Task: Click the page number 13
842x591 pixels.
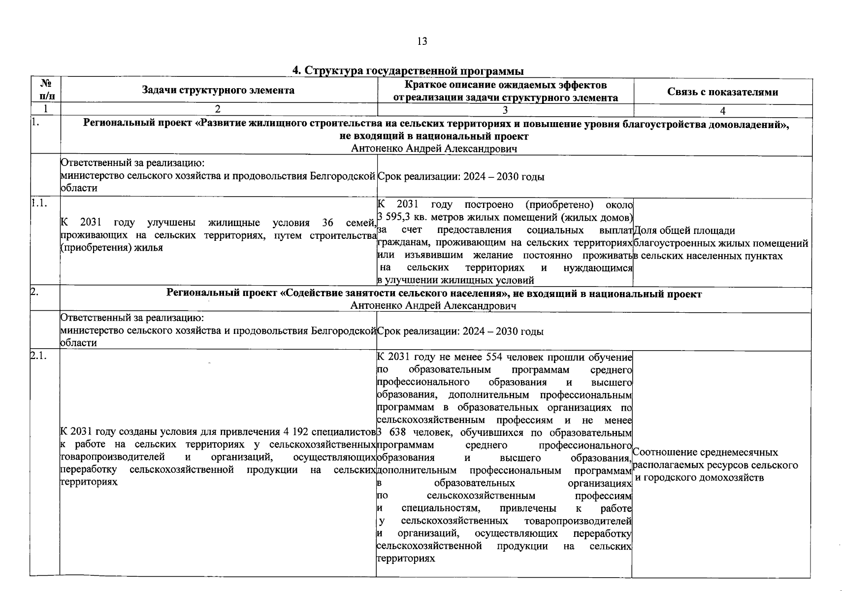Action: click(421, 41)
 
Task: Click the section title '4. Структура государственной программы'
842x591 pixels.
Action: click(408, 71)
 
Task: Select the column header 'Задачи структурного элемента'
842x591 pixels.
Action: click(218, 90)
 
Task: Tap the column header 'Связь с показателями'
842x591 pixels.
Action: click(722, 92)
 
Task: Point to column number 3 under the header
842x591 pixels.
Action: click(505, 111)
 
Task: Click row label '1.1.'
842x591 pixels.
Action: click(39, 203)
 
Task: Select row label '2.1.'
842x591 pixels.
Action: click(39, 357)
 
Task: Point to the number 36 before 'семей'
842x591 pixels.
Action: click(327, 223)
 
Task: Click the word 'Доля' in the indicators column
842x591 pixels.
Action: click(645, 230)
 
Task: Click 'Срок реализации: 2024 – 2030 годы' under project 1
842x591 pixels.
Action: click(461, 177)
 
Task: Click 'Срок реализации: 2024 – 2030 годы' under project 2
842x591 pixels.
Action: click(460, 331)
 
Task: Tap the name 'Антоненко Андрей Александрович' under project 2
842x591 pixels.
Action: click(433, 306)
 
